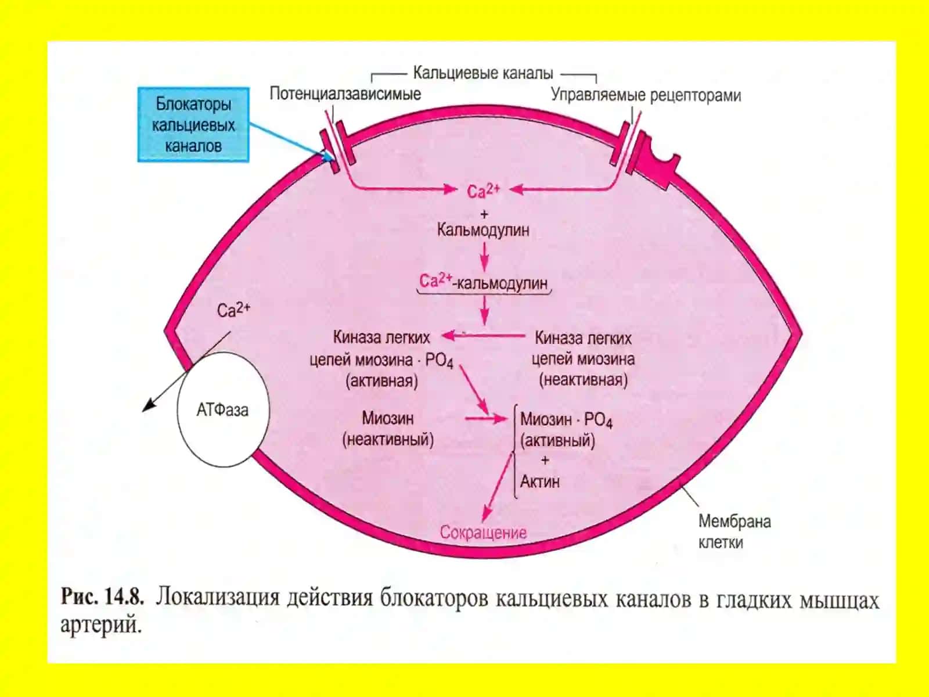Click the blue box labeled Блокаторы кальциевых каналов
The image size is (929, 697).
(193, 125)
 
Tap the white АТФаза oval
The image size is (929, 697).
(223, 409)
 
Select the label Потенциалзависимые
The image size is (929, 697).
(345, 94)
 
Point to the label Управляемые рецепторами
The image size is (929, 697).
(646, 96)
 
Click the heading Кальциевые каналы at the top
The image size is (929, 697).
(483, 73)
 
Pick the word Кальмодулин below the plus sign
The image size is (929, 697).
(483, 230)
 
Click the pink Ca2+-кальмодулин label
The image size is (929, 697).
(483, 282)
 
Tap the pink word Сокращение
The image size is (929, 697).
(483, 533)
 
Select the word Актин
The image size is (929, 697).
(539, 482)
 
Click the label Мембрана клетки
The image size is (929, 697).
(734, 531)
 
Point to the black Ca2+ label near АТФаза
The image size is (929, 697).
(233, 310)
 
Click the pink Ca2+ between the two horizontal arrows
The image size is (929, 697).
(483, 191)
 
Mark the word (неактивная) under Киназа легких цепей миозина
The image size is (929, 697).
(583, 380)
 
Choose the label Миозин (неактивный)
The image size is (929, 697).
(388, 429)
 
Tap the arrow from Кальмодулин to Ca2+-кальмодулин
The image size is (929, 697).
(485, 256)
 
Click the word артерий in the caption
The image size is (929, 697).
(100, 624)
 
